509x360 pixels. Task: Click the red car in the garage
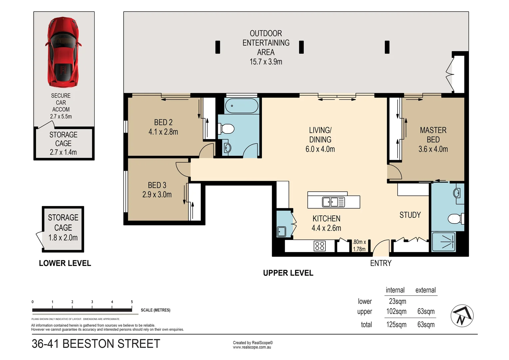(63, 52)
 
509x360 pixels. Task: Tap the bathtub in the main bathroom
(242, 106)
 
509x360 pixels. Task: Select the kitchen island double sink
(333, 202)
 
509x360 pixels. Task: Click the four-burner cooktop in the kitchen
(319, 246)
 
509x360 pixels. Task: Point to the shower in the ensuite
(443, 242)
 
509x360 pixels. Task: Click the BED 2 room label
(163, 122)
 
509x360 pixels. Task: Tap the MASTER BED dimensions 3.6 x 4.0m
(433, 149)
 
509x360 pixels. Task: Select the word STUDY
(410, 215)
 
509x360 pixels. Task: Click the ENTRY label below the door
(381, 263)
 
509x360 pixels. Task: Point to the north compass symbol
(462, 316)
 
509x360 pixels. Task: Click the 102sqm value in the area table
(396, 311)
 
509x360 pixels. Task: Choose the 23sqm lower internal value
(397, 301)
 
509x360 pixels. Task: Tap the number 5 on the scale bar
(132, 302)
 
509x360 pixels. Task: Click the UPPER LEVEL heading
(288, 273)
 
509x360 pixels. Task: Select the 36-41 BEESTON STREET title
(96, 344)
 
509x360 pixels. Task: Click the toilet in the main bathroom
(227, 128)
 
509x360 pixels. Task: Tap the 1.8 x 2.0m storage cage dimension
(63, 238)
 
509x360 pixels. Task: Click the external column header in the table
(425, 290)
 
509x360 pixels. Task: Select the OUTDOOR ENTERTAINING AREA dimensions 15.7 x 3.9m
(266, 62)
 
